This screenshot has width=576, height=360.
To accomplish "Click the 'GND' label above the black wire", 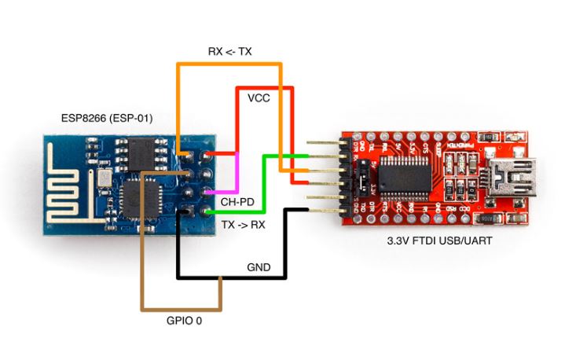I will tap(258, 268).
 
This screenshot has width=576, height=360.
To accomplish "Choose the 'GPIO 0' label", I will tap(182, 321).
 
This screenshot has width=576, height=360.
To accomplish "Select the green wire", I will tap(264, 189).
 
